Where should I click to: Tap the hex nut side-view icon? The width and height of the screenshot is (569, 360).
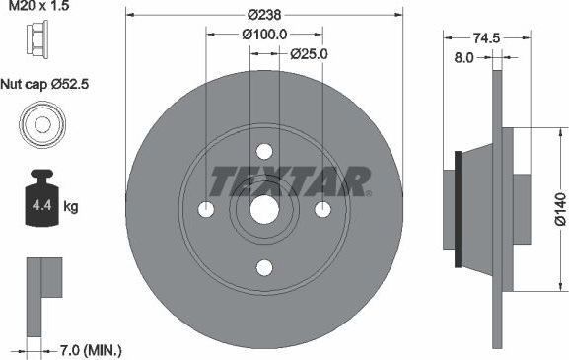click(x=41, y=39)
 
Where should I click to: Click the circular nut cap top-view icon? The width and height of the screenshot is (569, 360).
click(x=41, y=126)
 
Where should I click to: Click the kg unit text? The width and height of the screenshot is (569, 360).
click(x=71, y=207)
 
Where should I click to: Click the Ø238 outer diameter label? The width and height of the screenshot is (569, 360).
click(x=263, y=15)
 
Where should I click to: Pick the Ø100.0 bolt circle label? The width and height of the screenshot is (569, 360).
click(x=264, y=35)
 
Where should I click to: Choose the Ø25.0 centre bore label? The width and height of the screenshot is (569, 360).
click(x=308, y=54)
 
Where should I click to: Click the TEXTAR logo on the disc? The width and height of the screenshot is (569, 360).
click(x=290, y=180)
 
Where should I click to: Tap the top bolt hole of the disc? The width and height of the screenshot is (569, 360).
click(x=264, y=152)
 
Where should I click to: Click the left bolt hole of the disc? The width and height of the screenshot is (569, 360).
click(x=206, y=209)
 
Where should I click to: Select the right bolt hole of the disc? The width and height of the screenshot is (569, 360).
click(x=321, y=209)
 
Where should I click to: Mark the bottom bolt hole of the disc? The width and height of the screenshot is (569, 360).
click(x=264, y=267)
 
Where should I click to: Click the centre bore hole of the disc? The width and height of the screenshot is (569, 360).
click(x=264, y=209)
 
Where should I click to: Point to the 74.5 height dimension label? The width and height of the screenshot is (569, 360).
click(x=481, y=38)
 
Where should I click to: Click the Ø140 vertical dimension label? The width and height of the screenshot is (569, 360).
click(x=559, y=209)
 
